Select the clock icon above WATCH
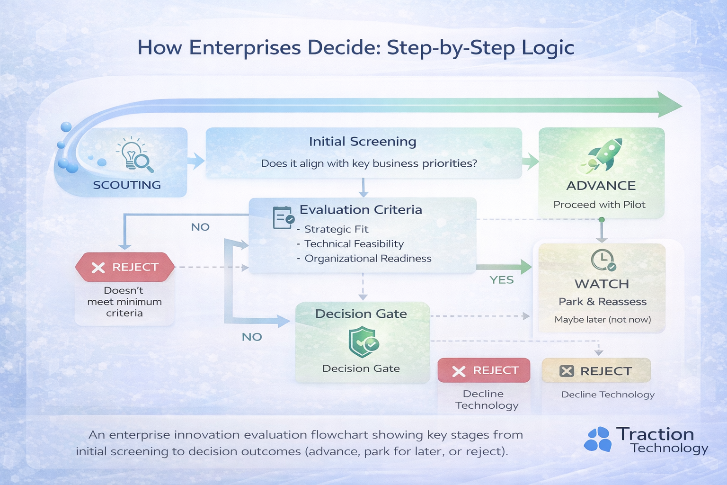tap(603, 260)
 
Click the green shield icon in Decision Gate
tap(363, 342)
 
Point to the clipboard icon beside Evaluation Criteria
tap(283, 218)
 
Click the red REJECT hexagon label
tap(125, 267)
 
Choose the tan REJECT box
tap(596, 371)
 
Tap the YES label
tap(502, 280)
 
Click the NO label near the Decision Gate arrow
tap(252, 337)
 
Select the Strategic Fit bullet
tap(336, 229)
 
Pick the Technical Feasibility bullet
tap(354, 244)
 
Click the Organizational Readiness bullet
tap(368, 259)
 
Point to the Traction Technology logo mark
tap(598, 439)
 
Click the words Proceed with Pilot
tap(599, 205)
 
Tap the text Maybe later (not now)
tap(603, 320)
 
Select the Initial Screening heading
tap(363, 142)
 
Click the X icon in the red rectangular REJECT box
tap(459, 371)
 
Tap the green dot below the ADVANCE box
tap(602, 220)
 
